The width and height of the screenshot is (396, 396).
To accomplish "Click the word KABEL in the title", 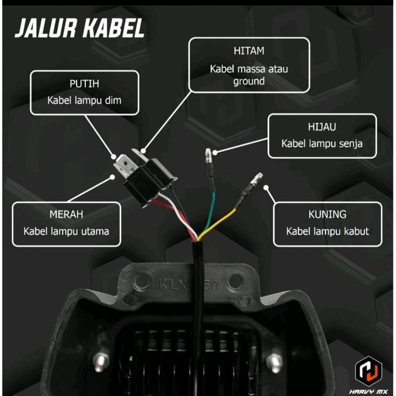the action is click(114, 28).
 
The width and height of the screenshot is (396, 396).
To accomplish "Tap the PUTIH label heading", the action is click(85, 83).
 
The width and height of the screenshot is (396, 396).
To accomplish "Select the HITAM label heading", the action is click(249, 51).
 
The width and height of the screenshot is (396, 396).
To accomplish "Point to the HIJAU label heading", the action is click(322, 127).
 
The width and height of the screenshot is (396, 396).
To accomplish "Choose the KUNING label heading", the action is click(327, 214).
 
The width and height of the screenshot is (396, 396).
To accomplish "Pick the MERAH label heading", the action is click(66, 214).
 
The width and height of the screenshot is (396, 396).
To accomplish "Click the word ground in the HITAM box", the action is click(249, 82).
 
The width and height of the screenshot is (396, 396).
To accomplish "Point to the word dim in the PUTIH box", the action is click(113, 100).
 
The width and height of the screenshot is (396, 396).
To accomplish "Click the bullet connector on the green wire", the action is click(208, 155).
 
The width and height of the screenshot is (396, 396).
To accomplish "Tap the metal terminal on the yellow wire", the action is click(256, 179).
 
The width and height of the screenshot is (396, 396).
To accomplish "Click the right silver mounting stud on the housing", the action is click(274, 362).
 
